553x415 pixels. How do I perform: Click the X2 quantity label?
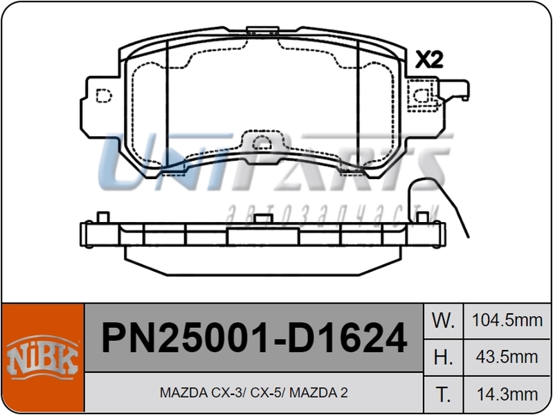[x=429, y=60]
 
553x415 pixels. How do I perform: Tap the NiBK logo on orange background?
[x=42, y=358]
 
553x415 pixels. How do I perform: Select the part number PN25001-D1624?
[x=253, y=339]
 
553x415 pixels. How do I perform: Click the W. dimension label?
[x=443, y=321]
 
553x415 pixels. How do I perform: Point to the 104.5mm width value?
[x=507, y=321]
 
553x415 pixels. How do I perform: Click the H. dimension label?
[x=443, y=358]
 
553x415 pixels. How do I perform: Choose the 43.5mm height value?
[x=507, y=358]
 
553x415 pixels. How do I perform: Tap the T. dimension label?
[x=443, y=394]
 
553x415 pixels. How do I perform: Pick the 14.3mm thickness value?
[x=507, y=394]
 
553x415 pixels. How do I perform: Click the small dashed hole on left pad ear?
[x=103, y=95]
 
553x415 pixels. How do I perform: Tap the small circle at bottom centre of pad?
[x=262, y=144]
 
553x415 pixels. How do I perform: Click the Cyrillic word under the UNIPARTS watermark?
[x=332, y=210]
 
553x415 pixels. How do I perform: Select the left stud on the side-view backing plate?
[x=102, y=217]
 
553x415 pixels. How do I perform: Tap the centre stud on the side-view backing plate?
[x=262, y=219]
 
